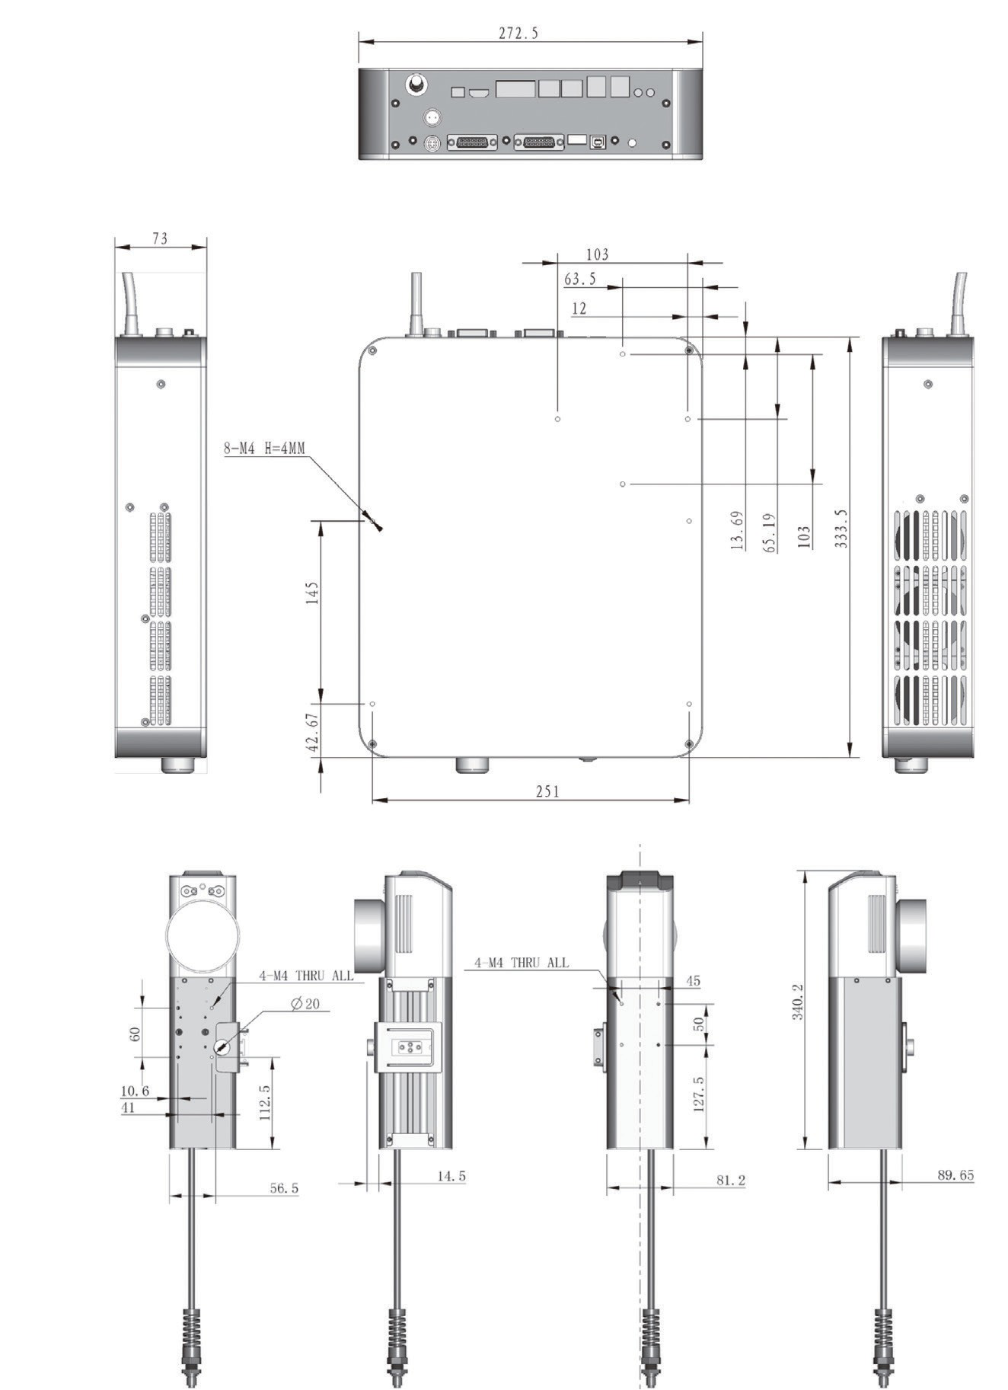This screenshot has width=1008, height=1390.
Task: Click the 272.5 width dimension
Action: click(518, 33)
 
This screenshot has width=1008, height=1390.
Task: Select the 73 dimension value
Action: click(160, 238)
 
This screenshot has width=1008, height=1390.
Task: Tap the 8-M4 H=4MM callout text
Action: click(264, 448)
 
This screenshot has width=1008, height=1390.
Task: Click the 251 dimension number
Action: click(547, 791)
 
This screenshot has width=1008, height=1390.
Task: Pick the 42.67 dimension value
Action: click(313, 733)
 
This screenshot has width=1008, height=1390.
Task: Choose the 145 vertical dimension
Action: click(312, 593)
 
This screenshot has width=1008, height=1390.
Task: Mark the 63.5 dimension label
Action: click(580, 279)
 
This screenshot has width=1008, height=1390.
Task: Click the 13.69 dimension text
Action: click(736, 530)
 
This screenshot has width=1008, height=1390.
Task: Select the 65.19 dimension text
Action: click(770, 532)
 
